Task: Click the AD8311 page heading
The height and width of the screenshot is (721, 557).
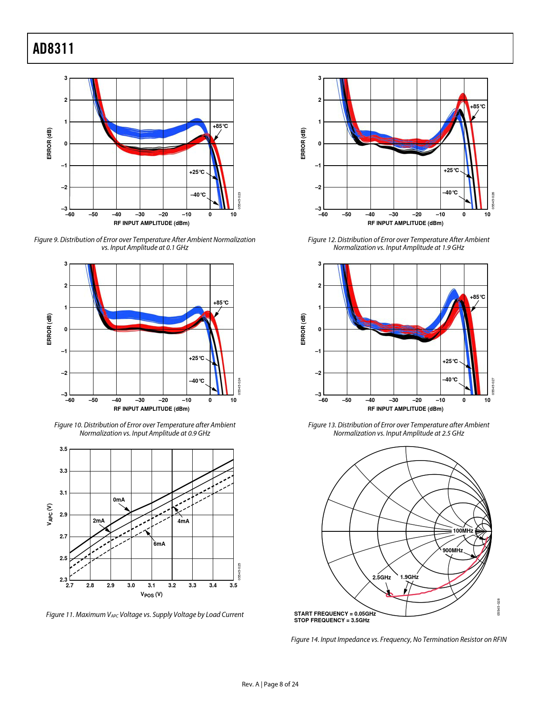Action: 53,49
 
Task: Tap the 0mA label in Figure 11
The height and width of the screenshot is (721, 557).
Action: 119,500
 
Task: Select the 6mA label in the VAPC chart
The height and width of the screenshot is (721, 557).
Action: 159,544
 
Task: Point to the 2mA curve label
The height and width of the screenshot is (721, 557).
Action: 99,521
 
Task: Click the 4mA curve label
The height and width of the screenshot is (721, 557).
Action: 183,521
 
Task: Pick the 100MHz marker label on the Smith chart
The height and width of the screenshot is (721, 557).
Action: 463,531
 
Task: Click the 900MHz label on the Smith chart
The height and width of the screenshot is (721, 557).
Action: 453,551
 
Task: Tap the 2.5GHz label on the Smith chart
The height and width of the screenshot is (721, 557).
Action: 381,578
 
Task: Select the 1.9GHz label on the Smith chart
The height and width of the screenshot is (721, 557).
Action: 409,577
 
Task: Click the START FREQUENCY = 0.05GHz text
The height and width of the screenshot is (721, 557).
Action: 335,614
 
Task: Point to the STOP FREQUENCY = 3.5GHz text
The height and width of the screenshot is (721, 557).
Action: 332,620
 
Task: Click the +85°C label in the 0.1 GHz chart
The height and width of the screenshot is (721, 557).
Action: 220,126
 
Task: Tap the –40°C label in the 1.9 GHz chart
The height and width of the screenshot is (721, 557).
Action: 450,193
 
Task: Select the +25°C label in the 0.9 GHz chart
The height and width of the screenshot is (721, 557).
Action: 197,358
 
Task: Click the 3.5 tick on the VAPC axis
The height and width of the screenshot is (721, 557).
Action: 64,449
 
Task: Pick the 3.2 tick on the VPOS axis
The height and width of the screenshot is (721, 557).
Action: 172,586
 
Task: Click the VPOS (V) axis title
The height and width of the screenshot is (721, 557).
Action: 152,595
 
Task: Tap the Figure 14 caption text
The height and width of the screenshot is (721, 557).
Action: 398,640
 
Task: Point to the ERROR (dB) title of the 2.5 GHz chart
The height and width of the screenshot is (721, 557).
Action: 303,329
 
